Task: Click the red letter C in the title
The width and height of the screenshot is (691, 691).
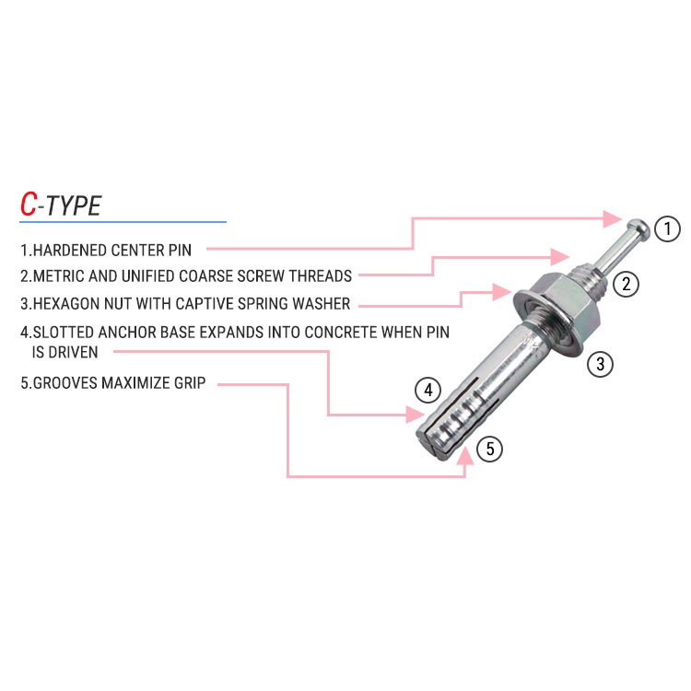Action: click(x=29, y=204)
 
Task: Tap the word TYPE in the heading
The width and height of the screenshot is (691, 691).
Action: click(x=73, y=205)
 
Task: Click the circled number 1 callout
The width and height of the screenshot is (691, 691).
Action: click(x=667, y=228)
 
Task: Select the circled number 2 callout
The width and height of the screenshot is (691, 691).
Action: click(x=626, y=285)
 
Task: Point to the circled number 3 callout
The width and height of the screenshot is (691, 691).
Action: click(x=600, y=364)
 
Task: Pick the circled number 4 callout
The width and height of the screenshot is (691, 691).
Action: click(x=427, y=390)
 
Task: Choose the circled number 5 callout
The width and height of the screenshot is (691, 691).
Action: click(x=489, y=449)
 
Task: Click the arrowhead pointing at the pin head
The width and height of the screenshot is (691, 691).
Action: click(x=613, y=218)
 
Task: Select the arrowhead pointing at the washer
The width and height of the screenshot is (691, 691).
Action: click(x=502, y=292)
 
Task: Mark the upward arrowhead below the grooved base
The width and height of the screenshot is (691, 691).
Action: click(x=465, y=456)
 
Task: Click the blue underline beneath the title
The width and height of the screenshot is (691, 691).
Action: click(x=123, y=222)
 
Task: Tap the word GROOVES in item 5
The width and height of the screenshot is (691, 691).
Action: click(x=65, y=382)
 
